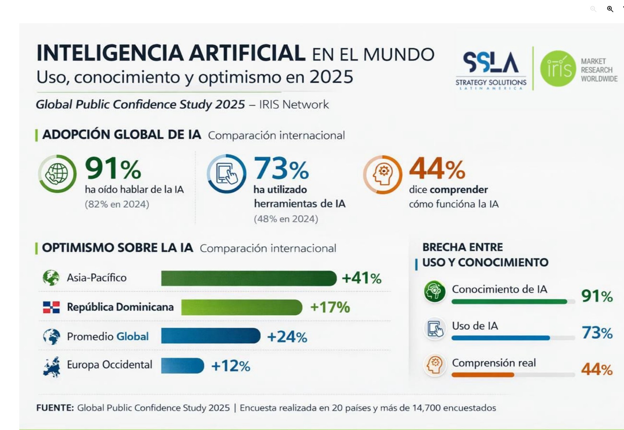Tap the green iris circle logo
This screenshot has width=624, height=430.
pos(558,68)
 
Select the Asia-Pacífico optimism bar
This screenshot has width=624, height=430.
pos(249,278)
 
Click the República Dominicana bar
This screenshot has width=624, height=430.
pos(242,307)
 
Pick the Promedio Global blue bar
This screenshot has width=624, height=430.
pos(211,336)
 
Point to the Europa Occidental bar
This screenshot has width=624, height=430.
pos(182,366)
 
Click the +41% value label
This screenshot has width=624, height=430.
pos(361,278)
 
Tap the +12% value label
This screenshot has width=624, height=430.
pos(231,366)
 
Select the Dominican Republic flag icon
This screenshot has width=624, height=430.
pos(51,307)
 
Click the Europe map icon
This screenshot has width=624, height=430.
pos(52,366)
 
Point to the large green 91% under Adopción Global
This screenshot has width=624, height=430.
pos(113,168)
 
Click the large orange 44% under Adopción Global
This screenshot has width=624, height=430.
pos(437,168)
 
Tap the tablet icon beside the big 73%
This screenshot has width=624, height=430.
pos(226,174)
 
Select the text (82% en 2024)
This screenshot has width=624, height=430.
pos(117,204)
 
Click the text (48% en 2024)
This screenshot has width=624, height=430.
pos(286,219)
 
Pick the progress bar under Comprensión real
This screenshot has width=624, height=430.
pos(513,375)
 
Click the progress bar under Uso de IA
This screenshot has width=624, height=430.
pos(513,338)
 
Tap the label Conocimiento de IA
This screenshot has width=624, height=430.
pos(499,289)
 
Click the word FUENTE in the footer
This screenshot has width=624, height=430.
pos(55,408)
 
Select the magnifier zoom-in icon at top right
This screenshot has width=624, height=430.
pos(610,9)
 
